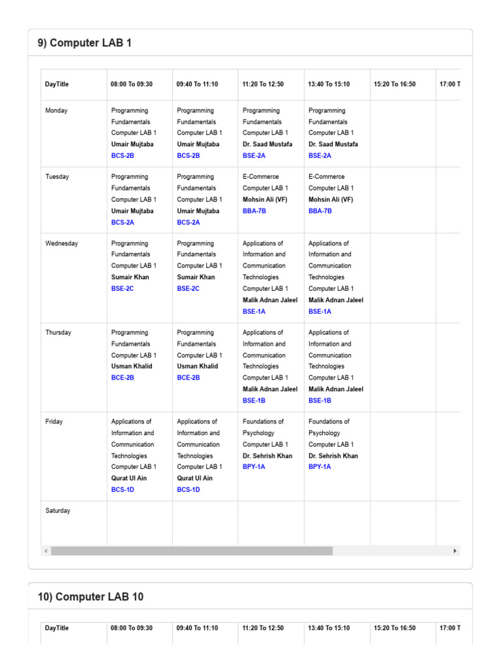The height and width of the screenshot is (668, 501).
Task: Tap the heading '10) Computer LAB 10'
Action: [x=91, y=597]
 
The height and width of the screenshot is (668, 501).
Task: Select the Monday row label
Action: [x=56, y=111]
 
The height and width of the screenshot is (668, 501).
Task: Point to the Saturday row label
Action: [x=57, y=511]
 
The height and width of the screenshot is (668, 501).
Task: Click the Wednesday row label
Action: [x=61, y=243]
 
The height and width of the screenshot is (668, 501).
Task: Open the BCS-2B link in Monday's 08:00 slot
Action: [x=123, y=156]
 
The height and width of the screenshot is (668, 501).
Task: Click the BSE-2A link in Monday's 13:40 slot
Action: [x=320, y=156]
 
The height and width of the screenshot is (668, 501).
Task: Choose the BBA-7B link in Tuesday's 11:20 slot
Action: [x=254, y=211]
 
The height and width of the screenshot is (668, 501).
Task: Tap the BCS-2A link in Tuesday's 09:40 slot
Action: [x=189, y=222]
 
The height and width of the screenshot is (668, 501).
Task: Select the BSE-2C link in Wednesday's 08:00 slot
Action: [x=123, y=288]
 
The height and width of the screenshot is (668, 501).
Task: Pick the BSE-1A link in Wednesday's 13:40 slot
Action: [x=320, y=312]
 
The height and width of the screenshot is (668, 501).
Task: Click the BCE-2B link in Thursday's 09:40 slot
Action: [x=189, y=378]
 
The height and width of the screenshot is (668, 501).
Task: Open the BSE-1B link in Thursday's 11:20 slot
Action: [x=254, y=401]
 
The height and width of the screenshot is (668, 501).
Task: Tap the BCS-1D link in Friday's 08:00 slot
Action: [x=123, y=489]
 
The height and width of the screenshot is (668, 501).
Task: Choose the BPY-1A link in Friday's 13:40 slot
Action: [x=320, y=467]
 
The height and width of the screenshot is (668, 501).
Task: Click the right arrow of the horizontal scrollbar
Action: [x=455, y=551]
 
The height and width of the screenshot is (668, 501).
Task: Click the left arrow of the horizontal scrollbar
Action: [x=46, y=551]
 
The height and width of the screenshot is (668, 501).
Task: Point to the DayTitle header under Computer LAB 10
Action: [x=57, y=628]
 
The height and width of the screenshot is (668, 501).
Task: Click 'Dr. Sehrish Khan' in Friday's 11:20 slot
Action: [x=267, y=456]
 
